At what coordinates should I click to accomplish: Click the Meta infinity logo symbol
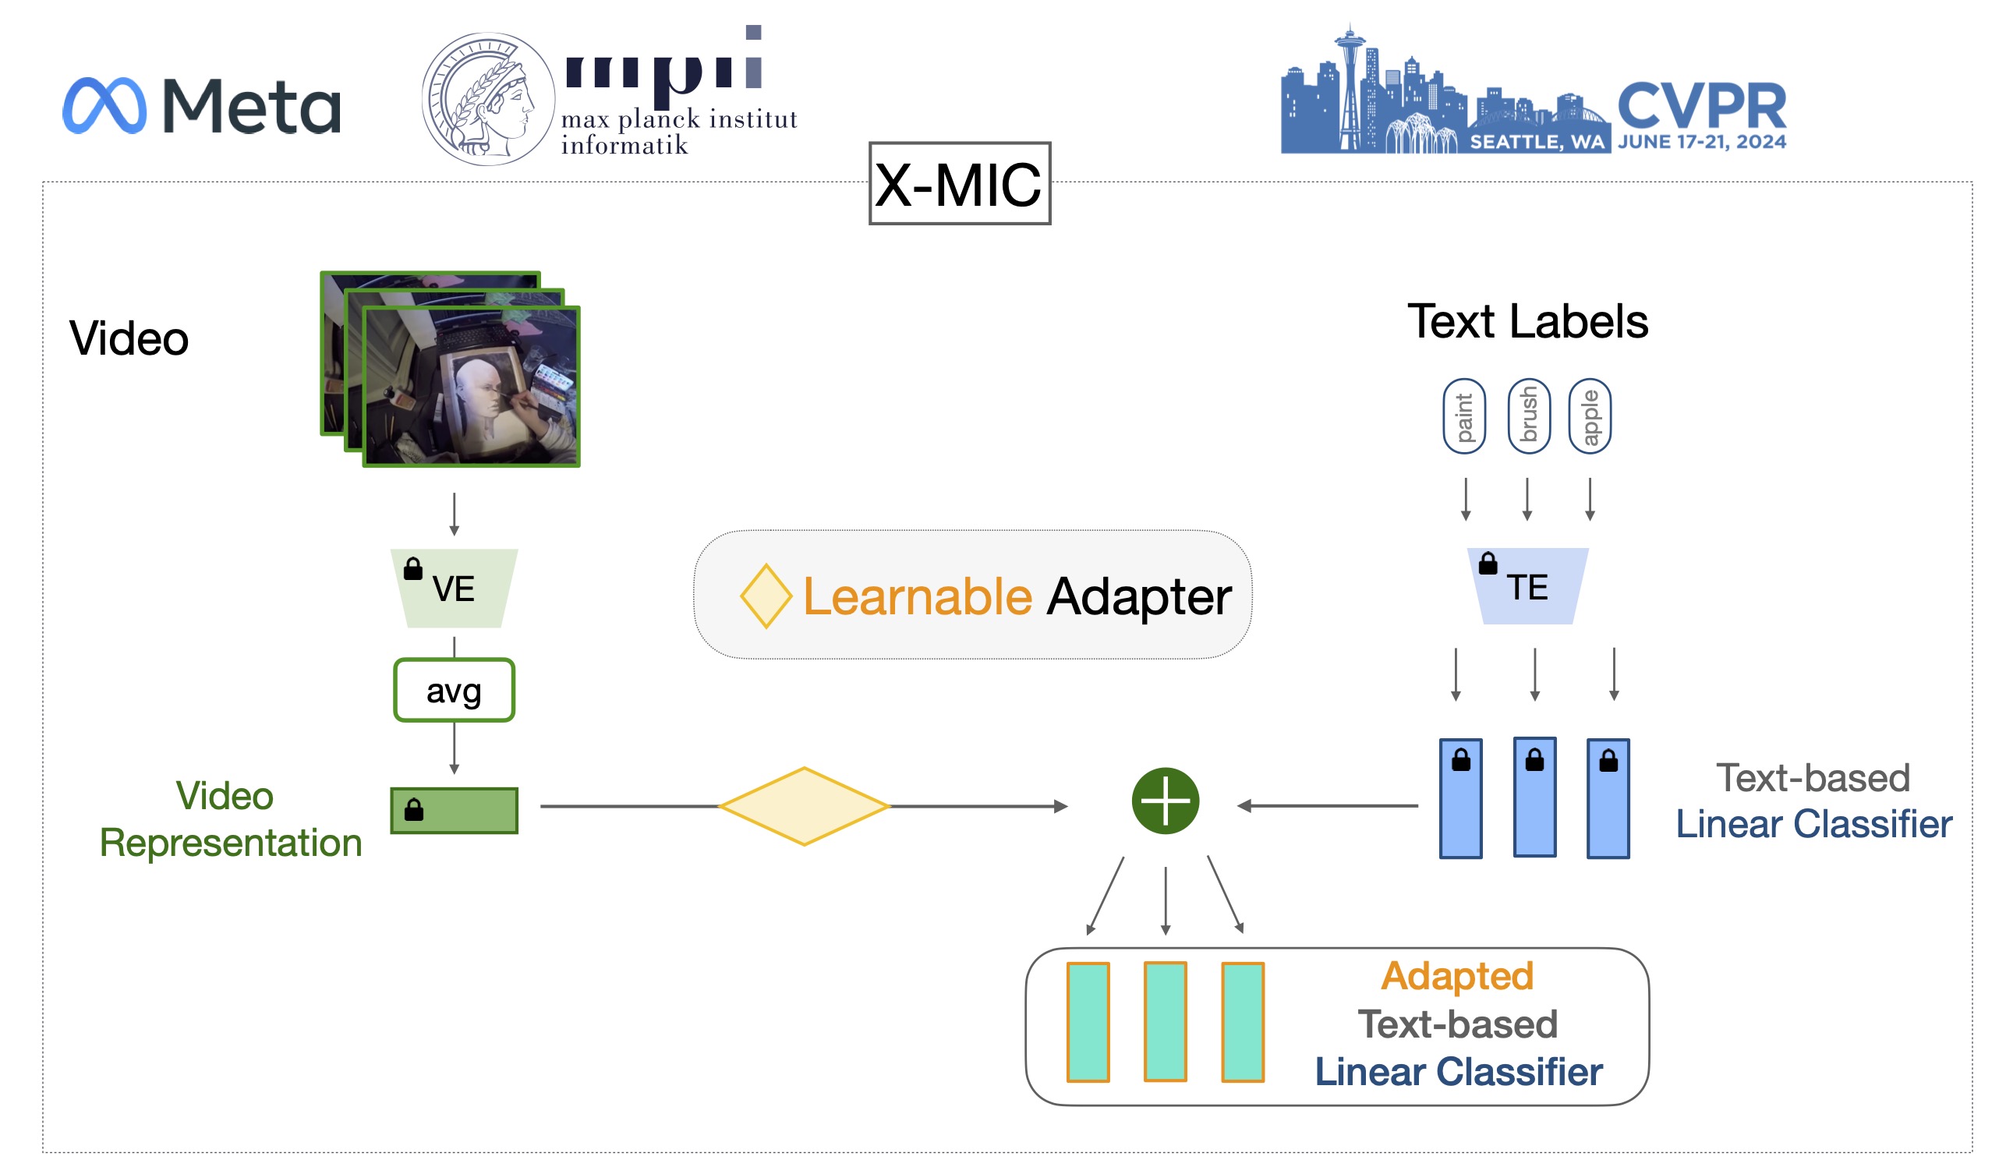point(104,105)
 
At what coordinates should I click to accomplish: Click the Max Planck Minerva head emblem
point(488,98)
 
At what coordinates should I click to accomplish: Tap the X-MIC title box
point(959,184)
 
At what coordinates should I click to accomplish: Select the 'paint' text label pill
point(1464,416)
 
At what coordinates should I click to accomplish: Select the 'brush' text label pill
point(1529,416)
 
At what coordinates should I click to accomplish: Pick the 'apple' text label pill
point(1590,416)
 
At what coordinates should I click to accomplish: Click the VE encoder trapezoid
point(455,588)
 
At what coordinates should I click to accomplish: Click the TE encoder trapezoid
point(1527,586)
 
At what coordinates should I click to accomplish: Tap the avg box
point(454,690)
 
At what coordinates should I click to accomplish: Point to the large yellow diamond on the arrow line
point(804,806)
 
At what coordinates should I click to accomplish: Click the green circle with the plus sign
point(1165,801)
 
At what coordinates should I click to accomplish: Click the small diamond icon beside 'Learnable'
point(766,596)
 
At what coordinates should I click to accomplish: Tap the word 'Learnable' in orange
point(917,596)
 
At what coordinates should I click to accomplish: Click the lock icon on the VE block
point(413,569)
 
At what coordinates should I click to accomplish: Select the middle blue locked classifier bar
point(1534,797)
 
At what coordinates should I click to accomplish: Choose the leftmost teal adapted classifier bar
point(1088,1022)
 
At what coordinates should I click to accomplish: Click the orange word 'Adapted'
point(1457,976)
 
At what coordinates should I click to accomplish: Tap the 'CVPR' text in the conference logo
point(1701,107)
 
